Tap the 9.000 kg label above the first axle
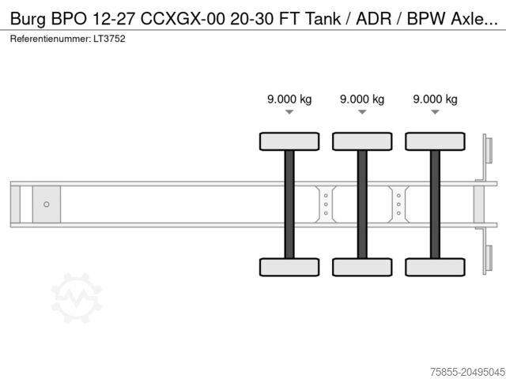pyautogui.click(x=289, y=99)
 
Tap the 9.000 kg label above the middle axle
pyautogui.click(x=362, y=99)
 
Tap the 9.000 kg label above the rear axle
pyautogui.click(x=435, y=99)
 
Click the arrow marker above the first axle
pyautogui.click(x=289, y=113)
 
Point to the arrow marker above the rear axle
pyautogui.click(x=435, y=113)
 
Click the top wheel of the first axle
pyautogui.click(x=289, y=141)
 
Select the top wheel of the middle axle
pyautogui.click(x=362, y=141)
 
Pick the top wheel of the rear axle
pyautogui.click(x=435, y=141)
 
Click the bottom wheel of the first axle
pyautogui.click(x=289, y=267)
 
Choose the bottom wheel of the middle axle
pyautogui.click(x=362, y=267)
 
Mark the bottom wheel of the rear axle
pyautogui.click(x=435, y=267)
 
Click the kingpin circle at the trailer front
pyautogui.click(x=47, y=205)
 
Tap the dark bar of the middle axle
pyautogui.click(x=362, y=204)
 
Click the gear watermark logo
pyautogui.click(x=77, y=298)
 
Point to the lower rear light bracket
pyautogui.click(x=488, y=259)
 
